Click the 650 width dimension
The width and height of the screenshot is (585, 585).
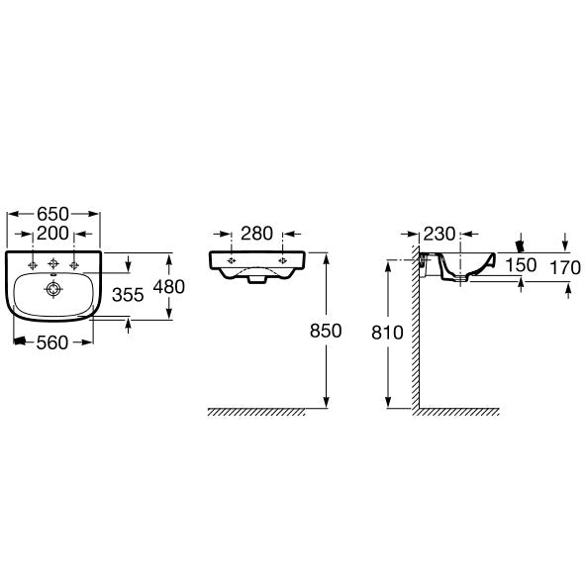(x=53, y=214)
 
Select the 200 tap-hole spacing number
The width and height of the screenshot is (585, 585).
(x=53, y=234)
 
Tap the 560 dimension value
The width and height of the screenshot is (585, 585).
(x=52, y=342)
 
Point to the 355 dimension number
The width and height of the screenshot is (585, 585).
(x=128, y=295)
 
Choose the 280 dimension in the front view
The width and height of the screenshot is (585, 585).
(x=256, y=234)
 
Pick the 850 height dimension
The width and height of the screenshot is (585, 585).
(x=326, y=331)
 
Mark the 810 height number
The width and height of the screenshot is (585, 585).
(x=387, y=333)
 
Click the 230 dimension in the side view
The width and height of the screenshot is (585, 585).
(x=439, y=234)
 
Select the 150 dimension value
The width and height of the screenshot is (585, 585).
(x=521, y=265)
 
